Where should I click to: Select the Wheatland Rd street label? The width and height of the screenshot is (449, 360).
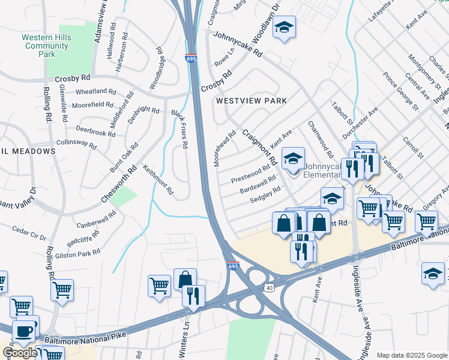95,92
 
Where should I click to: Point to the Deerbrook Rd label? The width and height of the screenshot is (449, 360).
95,130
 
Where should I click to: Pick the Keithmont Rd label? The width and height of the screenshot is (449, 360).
158,180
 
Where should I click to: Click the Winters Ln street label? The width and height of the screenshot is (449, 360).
187,330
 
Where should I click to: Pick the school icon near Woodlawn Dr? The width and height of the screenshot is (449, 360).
285,28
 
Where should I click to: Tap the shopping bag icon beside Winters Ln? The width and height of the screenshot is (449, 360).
185,279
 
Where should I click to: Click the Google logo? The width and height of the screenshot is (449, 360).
19,353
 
